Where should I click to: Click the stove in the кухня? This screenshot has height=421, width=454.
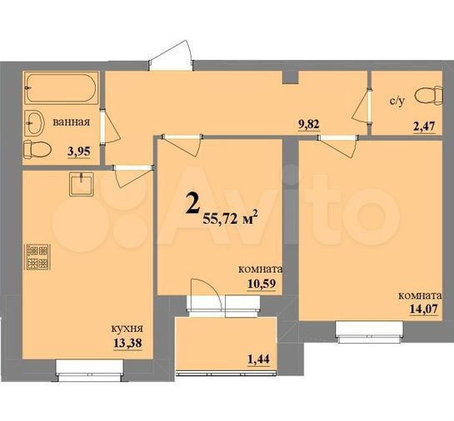tap(37, 255)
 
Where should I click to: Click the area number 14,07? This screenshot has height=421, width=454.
tap(424, 312)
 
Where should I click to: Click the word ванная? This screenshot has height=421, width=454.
tap(71, 122)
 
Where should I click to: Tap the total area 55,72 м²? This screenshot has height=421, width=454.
tap(230, 218)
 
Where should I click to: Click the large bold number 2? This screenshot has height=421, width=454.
tap(192, 204)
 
